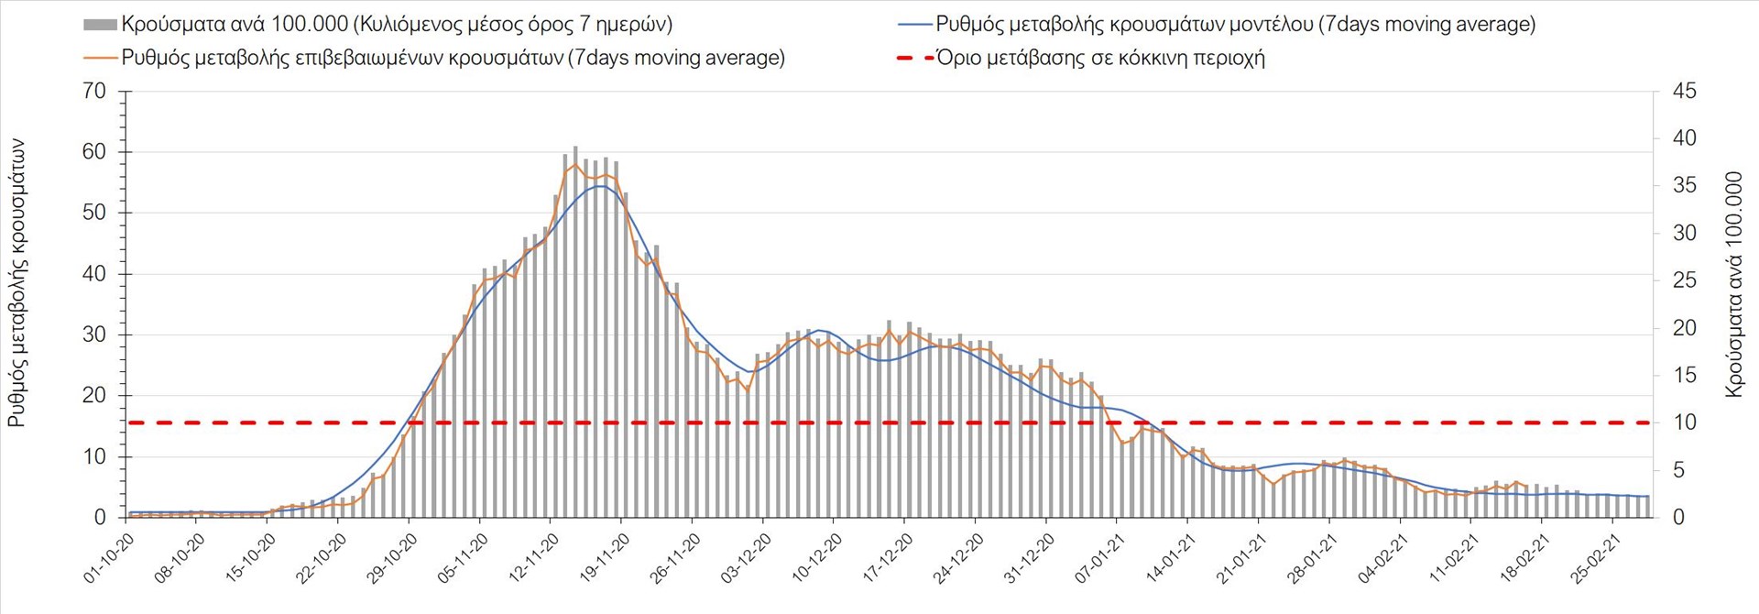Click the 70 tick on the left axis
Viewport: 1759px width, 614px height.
tap(94, 91)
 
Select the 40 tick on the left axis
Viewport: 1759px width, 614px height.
tap(94, 274)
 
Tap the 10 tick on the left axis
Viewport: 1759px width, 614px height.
tap(94, 456)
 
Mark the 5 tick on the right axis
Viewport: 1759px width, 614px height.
tap(1679, 470)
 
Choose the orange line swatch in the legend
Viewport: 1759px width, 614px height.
tap(100, 58)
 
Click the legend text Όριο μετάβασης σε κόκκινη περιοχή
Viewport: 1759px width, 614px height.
tap(1100, 58)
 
